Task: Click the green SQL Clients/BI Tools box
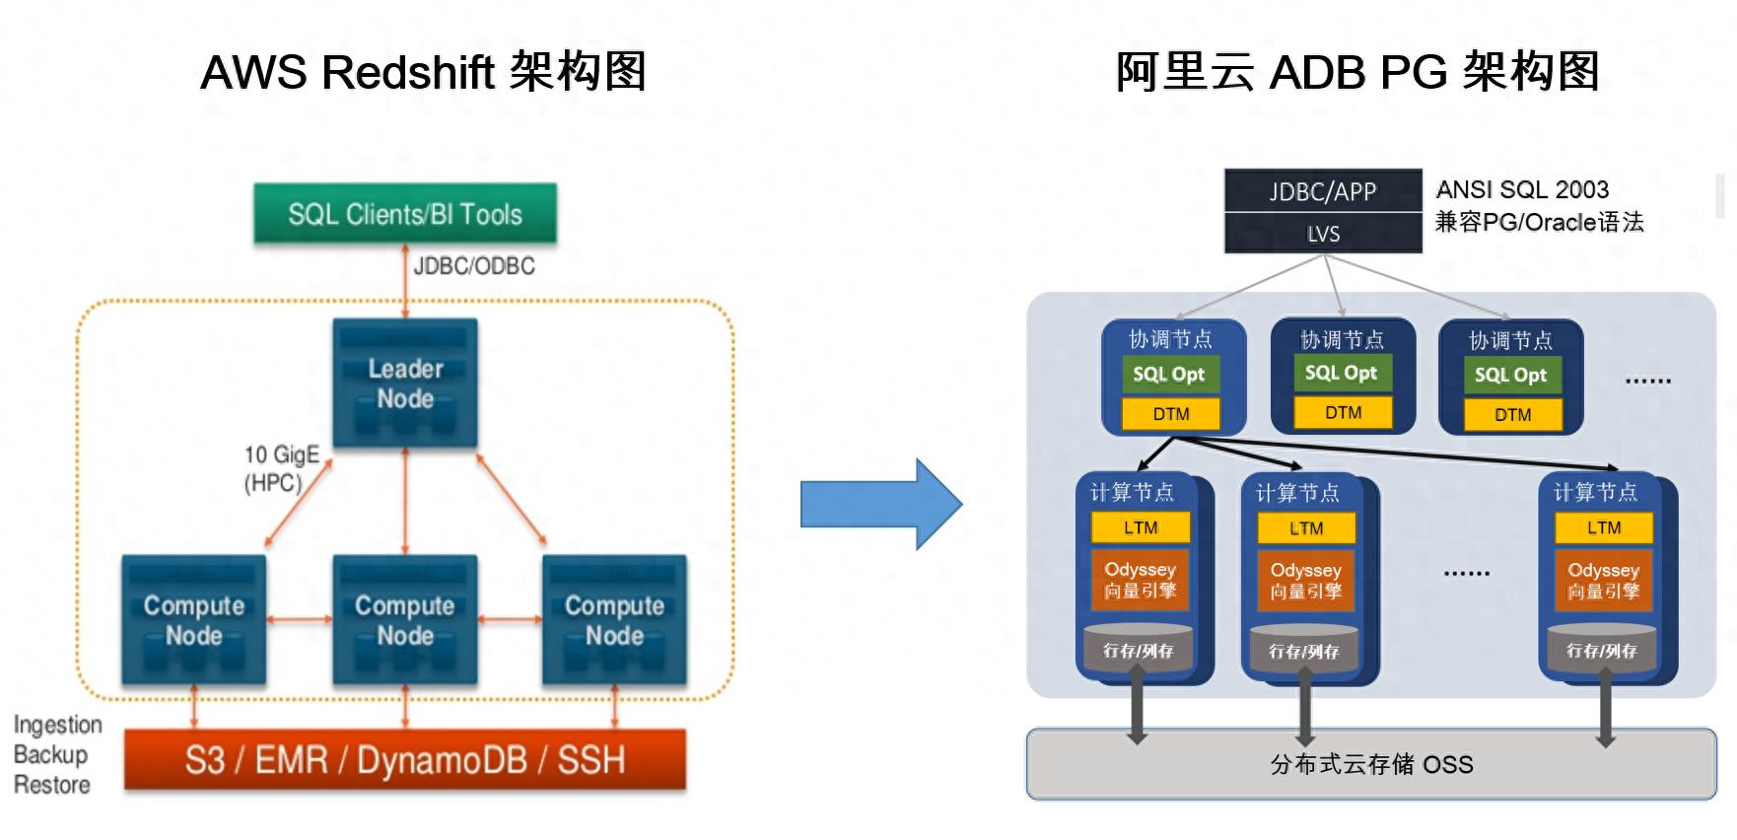point(404,214)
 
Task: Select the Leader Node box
point(405,383)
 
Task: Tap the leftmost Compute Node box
point(194,620)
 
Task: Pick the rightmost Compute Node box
point(614,620)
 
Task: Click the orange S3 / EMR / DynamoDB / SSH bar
point(405,760)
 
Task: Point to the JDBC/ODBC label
point(474,266)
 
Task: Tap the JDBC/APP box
point(1323,191)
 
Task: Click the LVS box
point(1323,234)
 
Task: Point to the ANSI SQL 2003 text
point(1522,189)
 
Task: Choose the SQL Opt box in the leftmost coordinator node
point(1169,375)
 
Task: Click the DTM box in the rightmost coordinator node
point(1512,414)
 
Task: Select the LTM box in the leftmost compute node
point(1141,527)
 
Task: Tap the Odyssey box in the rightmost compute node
point(1604,581)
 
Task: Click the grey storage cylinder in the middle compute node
point(1304,650)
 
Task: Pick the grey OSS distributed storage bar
point(1371,764)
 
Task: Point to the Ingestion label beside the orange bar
point(58,725)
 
